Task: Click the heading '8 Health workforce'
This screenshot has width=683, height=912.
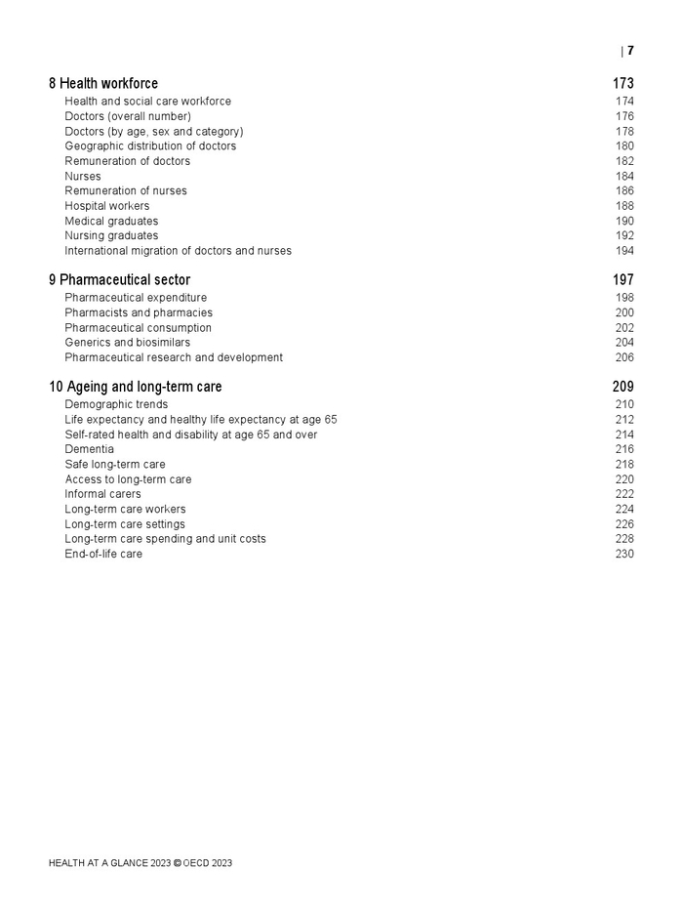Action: [103, 84]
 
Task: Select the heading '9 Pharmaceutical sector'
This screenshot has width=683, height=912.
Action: [119, 280]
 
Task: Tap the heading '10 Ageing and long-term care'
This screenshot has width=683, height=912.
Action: [136, 387]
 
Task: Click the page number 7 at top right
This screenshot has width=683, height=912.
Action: [630, 51]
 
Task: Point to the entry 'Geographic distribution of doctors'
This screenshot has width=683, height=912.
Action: [150, 146]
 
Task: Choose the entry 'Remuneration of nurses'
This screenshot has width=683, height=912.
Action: [126, 191]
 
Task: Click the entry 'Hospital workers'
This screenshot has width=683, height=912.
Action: [107, 206]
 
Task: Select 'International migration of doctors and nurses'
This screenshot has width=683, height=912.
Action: [178, 251]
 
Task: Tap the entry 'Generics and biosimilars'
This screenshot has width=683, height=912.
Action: [128, 343]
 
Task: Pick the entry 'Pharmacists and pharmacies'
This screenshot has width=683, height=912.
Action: [139, 313]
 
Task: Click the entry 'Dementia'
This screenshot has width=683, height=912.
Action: [90, 449]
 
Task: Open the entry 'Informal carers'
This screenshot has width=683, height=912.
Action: [102, 494]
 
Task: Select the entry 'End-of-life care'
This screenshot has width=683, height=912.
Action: [103, 554]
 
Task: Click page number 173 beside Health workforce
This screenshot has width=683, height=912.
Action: [623, 84]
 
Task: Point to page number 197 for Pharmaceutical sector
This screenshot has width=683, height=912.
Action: [623, 280]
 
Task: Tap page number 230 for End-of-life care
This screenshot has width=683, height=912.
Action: [624, 554]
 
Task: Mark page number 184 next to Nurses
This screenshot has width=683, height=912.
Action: [624, 177]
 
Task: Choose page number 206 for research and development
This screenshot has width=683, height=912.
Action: [624, 357]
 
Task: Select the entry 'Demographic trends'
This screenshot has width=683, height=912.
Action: [116, 404]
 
